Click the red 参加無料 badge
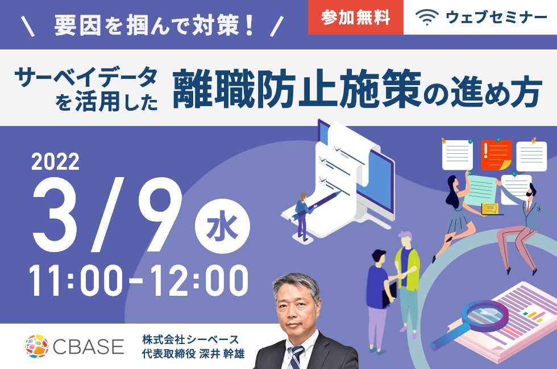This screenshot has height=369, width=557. pos(356,17)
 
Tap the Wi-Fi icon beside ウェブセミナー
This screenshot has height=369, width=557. pos(427,18)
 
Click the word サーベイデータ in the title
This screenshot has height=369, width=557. pos(86,77)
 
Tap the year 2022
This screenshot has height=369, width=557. pos(56,162)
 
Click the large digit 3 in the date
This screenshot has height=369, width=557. pos(55,215)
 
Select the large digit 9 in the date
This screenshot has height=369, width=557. pos(159,215)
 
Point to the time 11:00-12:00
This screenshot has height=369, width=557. pos(139,280)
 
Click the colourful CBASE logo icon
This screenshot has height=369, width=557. pos(36,346)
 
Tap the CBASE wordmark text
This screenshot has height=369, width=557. pos(89,346)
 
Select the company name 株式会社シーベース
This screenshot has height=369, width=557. pos(190,339)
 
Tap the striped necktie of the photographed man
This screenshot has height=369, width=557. pos(296,357)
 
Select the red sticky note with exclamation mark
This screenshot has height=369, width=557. pos(496,155)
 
